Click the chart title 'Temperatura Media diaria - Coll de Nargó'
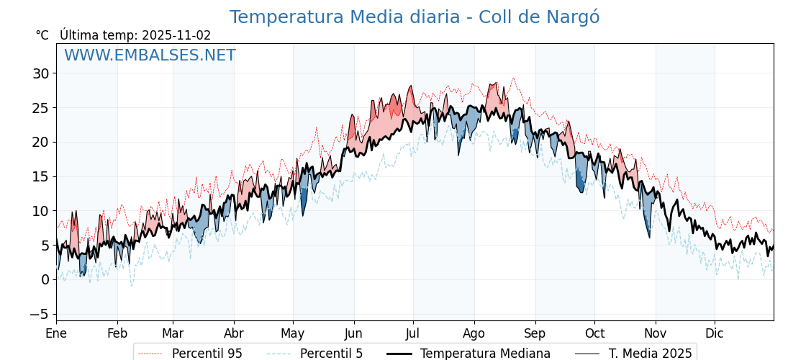[x=414, y=17]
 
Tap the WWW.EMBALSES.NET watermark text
[x=150, y=55]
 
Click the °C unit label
[x=42, y=35]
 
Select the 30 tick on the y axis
[x=40, y=73]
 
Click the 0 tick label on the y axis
[x=45, y=280]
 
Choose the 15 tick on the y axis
[x=40, y=176]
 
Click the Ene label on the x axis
[x=56, y=333]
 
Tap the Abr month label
[x=234, y=333]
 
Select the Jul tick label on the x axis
[x=413, y=333]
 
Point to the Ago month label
[x=474, y=333]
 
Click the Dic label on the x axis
[x=715, y=333]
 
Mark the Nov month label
[x=656, y=333]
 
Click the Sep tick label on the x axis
[x=535, y=333]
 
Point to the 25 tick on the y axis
[x=40, y=108]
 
